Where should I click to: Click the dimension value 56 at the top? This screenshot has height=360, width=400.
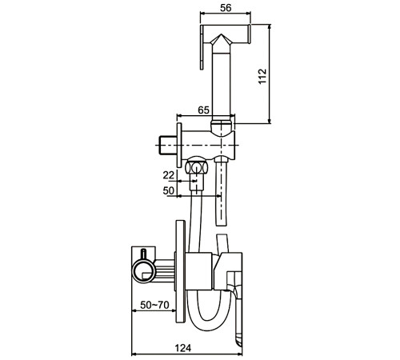click(226, 8)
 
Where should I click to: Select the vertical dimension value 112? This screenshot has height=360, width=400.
click(262, 76)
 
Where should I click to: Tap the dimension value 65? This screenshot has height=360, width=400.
click(204, 110)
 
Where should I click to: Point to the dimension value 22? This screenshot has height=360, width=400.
click(169, 175)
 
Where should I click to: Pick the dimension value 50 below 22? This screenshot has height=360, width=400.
click(169, 190)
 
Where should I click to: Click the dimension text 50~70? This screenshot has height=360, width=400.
click(154, 305)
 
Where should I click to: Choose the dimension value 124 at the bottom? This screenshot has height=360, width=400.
click(183, 348)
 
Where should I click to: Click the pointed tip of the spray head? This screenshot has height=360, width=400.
click(221, 34)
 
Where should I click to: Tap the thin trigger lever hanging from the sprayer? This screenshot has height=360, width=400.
click(202, 47)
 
